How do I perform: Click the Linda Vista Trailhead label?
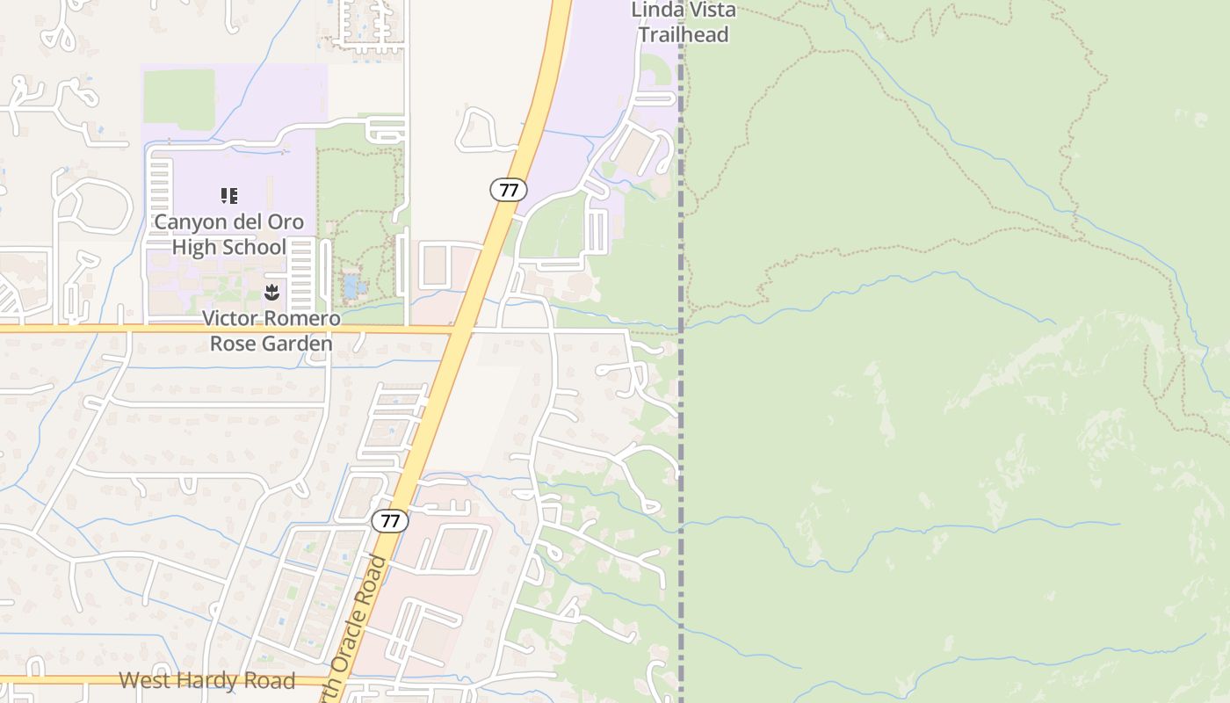tap(684, 23)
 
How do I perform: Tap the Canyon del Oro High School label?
tap(229, 234)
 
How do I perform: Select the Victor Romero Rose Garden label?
tap(271, 330)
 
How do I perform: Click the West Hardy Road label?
tap(206, 681)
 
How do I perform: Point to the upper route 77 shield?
tap(508, 189)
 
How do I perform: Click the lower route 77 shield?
tap(390, 521)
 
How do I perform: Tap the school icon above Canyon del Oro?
tap(229, 195)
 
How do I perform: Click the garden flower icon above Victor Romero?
tap(271, 292)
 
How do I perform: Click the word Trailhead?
tap(684, 35)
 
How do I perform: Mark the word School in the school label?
tap(254, 247)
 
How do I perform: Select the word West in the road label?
tap(144, 681)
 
